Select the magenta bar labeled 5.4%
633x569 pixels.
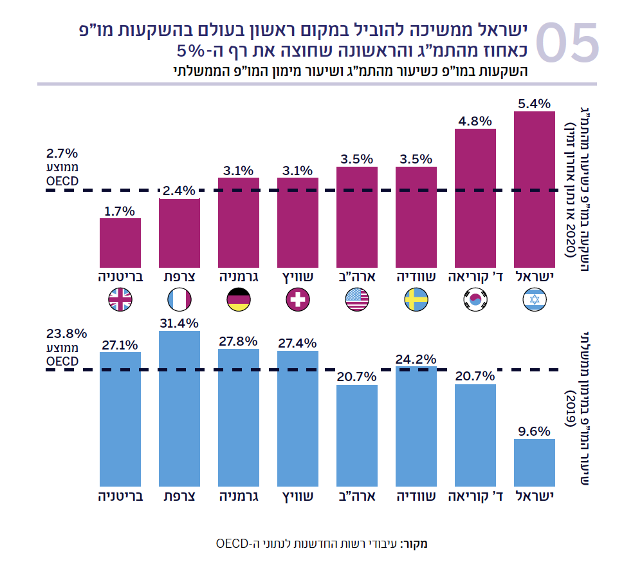coord(535,189)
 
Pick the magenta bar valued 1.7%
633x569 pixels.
coord(120,243)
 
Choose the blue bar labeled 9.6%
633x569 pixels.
coord(535,462)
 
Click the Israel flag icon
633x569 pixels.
coord(535,299)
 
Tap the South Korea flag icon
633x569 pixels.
coord(475,299)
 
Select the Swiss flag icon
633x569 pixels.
coord(298,299)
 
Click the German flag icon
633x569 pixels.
coord(239,299)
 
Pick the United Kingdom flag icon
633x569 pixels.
coord(120,299)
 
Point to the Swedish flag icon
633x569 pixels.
coord(416,299)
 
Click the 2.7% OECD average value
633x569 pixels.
coord(62,154)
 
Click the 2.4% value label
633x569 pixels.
coord(179,191)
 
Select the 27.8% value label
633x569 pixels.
coord(239,340)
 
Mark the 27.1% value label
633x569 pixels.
coord(120,344)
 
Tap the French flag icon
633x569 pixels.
coord(179,299)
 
